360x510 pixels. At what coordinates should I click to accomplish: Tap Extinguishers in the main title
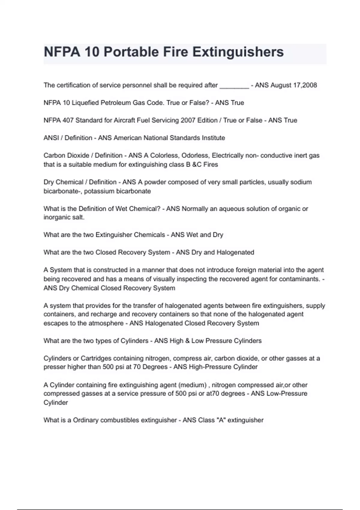(x=238, y=52)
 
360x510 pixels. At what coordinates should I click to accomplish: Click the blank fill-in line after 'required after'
(x=234, y=86)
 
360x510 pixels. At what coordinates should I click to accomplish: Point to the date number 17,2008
(x=305, y=85)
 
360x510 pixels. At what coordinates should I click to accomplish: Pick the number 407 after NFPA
(x=68, y=120)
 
